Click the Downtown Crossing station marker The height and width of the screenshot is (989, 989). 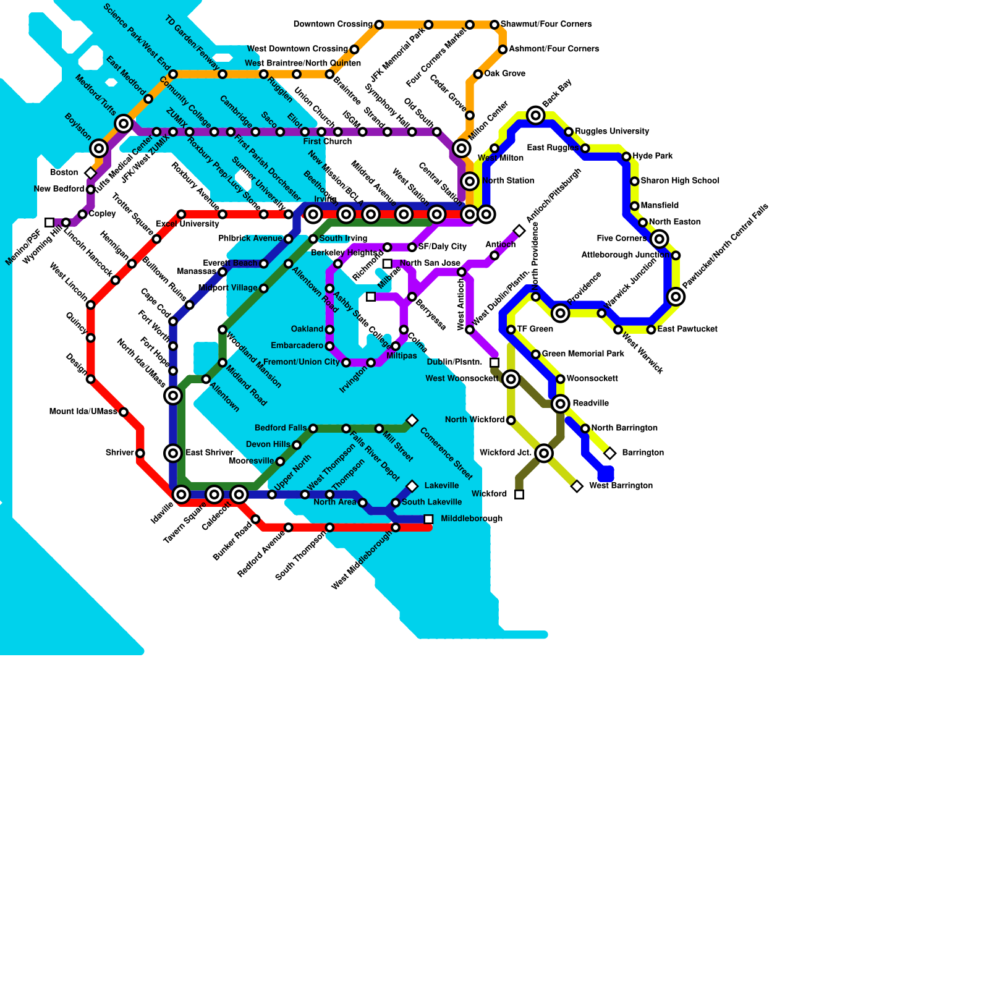tap(379, 25)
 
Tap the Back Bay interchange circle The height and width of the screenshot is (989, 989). tap(536, 115)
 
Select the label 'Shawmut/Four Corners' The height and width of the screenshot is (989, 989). tap(546, 25)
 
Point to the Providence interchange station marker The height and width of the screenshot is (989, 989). tap(561, 313)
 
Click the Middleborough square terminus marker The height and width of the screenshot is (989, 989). tap(428, 519)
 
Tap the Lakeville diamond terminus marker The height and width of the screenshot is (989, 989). tap(412, 486)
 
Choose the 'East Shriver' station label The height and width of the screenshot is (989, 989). tap(209, 453)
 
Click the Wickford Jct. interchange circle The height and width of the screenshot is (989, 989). tap(544, 454)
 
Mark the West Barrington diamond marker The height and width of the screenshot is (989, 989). tap(577, 486)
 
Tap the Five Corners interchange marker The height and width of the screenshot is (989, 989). tap(660, 239)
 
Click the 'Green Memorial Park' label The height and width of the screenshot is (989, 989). tap(582, 354)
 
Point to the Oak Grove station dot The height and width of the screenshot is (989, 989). tap(478, 74)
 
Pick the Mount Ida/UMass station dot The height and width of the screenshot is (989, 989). tap(124, 412)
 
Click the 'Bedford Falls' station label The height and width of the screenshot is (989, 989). tap(281, 428)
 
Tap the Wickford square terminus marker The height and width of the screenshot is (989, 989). tap(519, 494)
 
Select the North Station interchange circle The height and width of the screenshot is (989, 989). tap(470, 181)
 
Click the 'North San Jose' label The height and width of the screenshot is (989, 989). tap(430, 263)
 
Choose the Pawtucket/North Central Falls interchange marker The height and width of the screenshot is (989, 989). tap(676, 297)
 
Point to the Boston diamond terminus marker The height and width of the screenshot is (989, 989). tap(91, 173)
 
